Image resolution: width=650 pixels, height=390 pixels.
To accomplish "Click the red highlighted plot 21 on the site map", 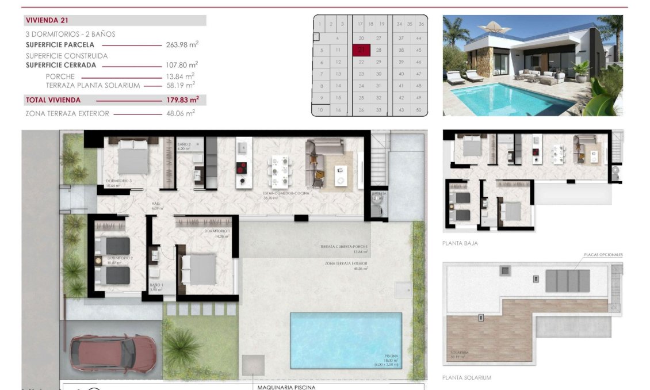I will coord(361,50).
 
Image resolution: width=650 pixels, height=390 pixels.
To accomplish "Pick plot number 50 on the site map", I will coord(419,110).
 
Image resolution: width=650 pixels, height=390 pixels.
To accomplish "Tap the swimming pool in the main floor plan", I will coord(346,340).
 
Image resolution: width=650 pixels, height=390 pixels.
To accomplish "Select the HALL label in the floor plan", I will coord(155,203).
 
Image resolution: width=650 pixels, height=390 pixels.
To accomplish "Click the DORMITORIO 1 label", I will coord(217,231).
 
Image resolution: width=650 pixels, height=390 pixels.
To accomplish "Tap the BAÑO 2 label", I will coord(184,144).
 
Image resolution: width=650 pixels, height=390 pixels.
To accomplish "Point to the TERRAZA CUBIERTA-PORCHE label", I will coord(343,247).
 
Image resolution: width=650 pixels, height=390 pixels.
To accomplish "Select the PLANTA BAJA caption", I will coord(460,243).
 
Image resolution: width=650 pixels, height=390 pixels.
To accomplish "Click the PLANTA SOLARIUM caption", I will coord(467,377).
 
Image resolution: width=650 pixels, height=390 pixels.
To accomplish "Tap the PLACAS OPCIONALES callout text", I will coord(603,254).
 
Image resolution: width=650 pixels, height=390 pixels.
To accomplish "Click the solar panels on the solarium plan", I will coord(567,280).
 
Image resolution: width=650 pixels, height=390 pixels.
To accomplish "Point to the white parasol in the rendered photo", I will coord(495,27).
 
